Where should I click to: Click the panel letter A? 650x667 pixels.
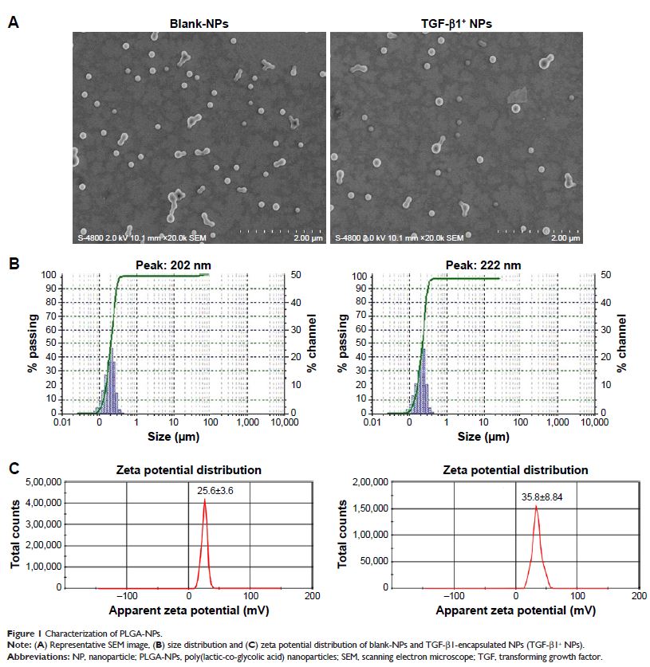[13, 23]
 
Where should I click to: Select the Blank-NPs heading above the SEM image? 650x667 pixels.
[199, 23]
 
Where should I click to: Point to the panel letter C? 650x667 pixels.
[13, 469]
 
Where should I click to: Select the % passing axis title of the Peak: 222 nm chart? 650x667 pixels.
[344, 343]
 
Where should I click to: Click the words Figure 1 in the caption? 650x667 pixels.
[25, 631]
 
